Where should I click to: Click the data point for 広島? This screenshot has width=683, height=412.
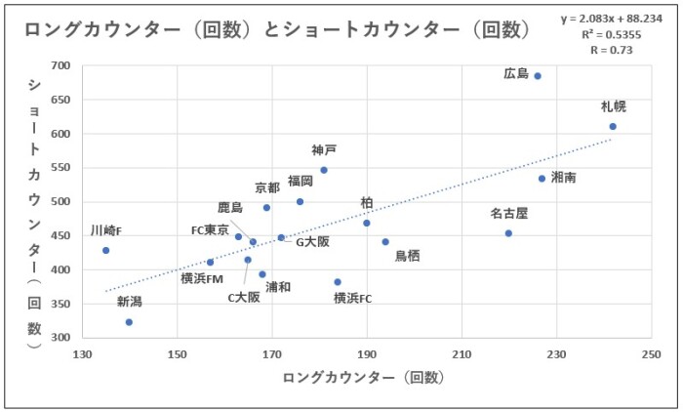pos(538,76)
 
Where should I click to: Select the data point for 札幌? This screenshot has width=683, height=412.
pos(613,126)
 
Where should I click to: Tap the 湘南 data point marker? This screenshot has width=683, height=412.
pos(542,179)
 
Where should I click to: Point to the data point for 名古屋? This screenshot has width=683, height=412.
pos(508,233)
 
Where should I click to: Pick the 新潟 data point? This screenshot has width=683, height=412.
pos(129,321)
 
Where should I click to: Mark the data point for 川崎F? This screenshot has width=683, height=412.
pos(105,250)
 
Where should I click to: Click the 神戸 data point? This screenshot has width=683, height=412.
pos(324,170)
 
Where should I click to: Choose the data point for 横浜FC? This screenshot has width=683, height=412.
pos(338,282)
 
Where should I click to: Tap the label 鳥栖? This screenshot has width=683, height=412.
pos(408,256)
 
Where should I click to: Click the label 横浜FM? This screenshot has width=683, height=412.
pos(202,278)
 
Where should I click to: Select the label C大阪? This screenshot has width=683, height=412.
pos(244,297)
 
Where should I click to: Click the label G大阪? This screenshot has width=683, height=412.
pos(312,240)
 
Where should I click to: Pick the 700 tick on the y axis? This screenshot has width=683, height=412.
pos(60,66)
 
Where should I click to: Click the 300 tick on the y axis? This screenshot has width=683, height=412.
pos(60,337)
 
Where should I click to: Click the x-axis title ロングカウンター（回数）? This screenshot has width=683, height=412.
pos(364,377)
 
